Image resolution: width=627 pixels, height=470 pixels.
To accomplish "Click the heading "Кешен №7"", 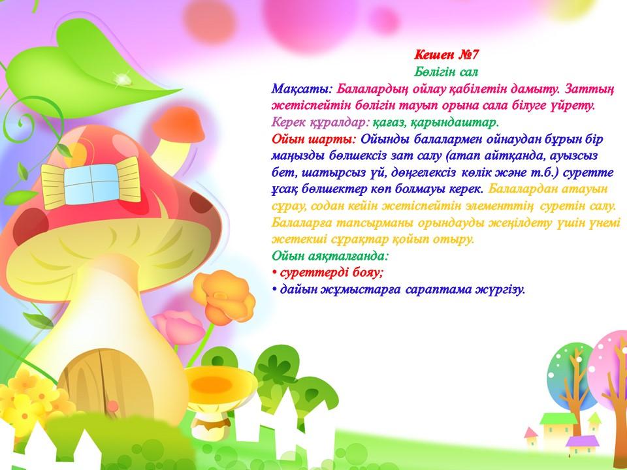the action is click(446, 54).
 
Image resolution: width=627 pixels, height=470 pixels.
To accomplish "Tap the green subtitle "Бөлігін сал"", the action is click(446, 72).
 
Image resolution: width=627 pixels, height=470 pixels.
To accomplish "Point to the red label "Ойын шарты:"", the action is click(314, 140).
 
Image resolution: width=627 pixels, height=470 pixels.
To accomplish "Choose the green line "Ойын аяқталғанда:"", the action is click(330, 255).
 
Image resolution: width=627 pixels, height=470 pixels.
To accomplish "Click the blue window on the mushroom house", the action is click(91, 182).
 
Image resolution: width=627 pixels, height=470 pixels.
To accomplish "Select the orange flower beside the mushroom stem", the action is click(223, 296).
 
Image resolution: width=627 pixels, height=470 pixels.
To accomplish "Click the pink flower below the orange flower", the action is click(179, 327).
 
